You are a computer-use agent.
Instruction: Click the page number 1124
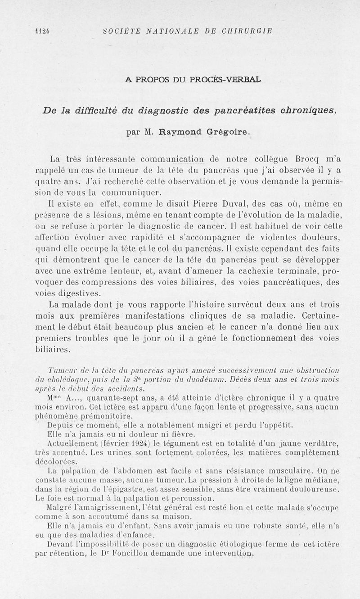[x=42, y=31]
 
